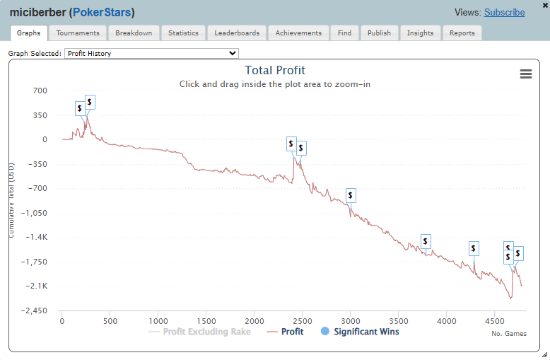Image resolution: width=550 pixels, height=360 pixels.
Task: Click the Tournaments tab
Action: [x=78, y=33]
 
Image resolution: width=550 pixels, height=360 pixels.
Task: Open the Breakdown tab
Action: [x=134, y=33]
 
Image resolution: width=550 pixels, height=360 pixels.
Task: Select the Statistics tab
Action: [x=183, y=33]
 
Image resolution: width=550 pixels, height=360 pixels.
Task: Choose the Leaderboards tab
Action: [x=237, y=33]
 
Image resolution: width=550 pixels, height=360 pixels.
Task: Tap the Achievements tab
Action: [x=298, y=33]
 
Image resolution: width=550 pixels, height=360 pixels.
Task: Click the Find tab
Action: [x=344, y=33]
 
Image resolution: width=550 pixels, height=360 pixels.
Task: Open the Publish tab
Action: [x=379, y=33]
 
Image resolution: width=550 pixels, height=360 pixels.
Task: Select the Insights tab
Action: [x=420, y=33]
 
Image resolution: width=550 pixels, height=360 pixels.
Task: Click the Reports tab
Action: [x=462, y=33]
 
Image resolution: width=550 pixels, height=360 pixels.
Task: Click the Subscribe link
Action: [x=504, y=13]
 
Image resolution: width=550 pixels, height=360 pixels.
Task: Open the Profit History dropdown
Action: [x=151, y=53]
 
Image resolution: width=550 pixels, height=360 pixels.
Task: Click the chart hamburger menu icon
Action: [x=525, y=74]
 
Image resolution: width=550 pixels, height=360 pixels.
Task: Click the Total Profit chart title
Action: [x=275, y=70]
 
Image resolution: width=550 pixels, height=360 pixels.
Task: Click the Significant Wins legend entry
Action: [x=365, y=332]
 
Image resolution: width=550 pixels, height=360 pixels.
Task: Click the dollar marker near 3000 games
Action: [x=351, y=195]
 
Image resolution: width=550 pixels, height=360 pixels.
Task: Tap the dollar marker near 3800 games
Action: [x=426, y=241]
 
